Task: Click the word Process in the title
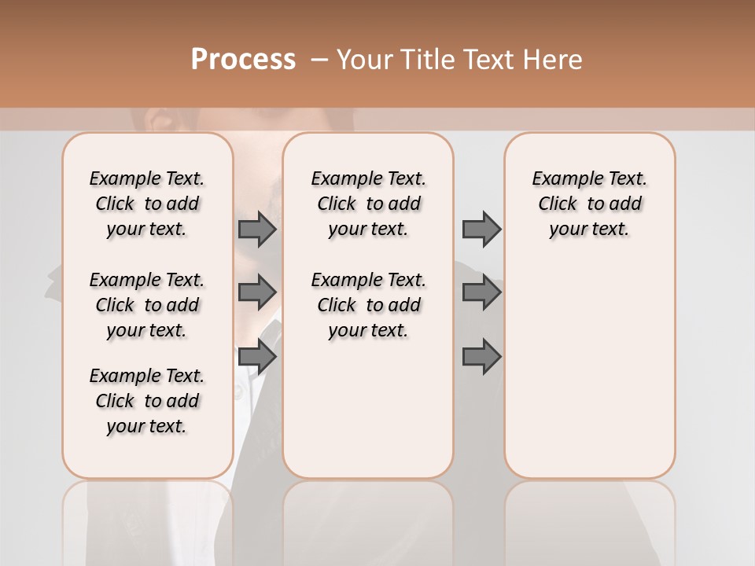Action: click(243, 60)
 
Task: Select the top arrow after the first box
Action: click(257, 230)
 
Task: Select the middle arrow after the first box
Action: click(257, 292)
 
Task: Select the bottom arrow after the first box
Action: click(257, 357)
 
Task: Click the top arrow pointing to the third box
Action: click(481, 230)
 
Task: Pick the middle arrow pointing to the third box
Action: click(481, 292)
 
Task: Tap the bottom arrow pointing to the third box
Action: click(481, 357)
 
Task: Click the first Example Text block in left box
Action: click(147, 204)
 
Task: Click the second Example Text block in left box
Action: click(147, 305)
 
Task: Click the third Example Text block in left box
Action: click(147, 401)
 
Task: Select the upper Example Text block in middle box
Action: click(368, 204)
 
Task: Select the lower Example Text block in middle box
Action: click(368, 305)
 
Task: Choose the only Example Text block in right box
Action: click(589, 204)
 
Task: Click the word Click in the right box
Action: click(558, 204)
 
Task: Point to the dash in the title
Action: click(319, 60)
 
